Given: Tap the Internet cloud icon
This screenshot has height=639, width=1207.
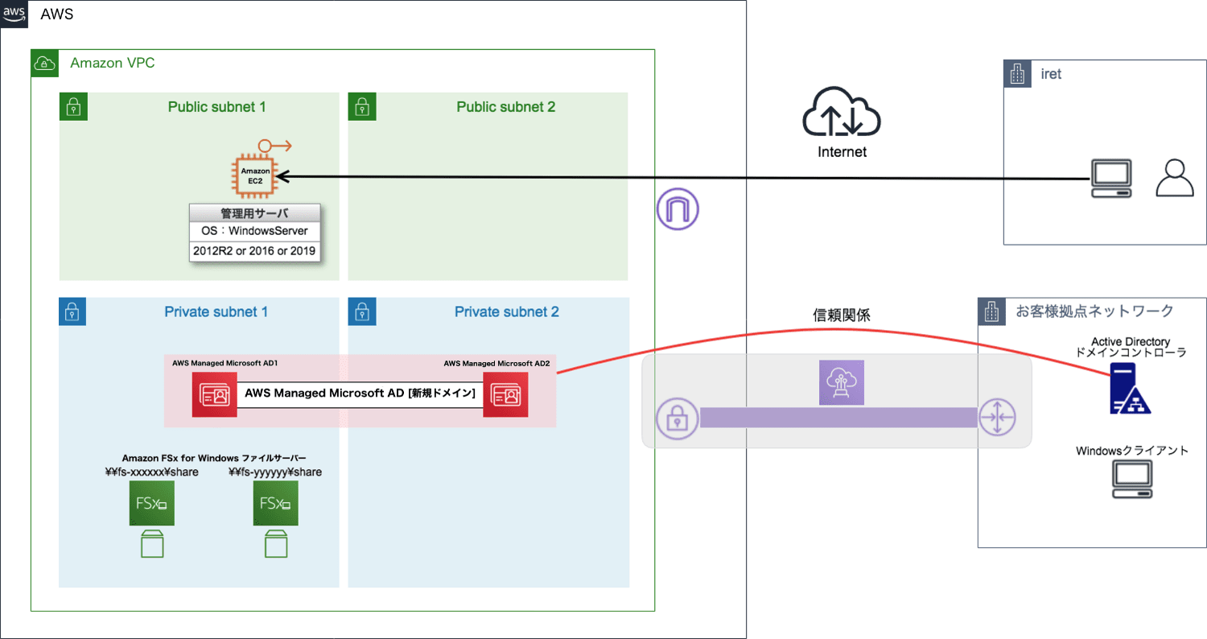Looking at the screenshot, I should [x=842, y=113].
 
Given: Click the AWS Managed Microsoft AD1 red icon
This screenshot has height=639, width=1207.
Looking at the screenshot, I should [x=215, y=395].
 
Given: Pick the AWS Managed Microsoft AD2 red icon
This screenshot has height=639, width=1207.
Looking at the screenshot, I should [x=505, y=395].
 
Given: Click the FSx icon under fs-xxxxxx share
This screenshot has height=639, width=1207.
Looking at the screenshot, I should [x=152, y=504].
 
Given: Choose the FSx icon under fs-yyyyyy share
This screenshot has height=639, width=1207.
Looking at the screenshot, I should [x=275, y=504].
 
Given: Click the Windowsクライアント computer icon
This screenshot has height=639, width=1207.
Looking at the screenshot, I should [x=1132, y=480].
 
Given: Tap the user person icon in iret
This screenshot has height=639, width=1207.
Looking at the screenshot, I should [x=1175, y=178].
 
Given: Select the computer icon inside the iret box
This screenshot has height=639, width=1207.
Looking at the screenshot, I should [x=1110, y=178].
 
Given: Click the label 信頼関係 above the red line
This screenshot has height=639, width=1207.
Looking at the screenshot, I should [x=842, y=315].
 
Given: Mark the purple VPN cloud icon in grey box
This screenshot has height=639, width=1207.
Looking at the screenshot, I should [x=841, y=382].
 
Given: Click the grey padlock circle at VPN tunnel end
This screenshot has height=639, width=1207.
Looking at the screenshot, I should [x=677, y=418].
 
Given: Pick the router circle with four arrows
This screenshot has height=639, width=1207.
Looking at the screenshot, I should [x=998, y=418].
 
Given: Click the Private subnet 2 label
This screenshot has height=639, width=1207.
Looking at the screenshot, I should [x=507, y=311].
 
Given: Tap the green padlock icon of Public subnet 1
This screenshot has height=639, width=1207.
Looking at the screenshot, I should [x=73, y=106].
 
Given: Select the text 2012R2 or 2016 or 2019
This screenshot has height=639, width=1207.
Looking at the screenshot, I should [x=254, y=251].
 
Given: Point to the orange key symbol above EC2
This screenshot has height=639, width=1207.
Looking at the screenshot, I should [x=274, y=146].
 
